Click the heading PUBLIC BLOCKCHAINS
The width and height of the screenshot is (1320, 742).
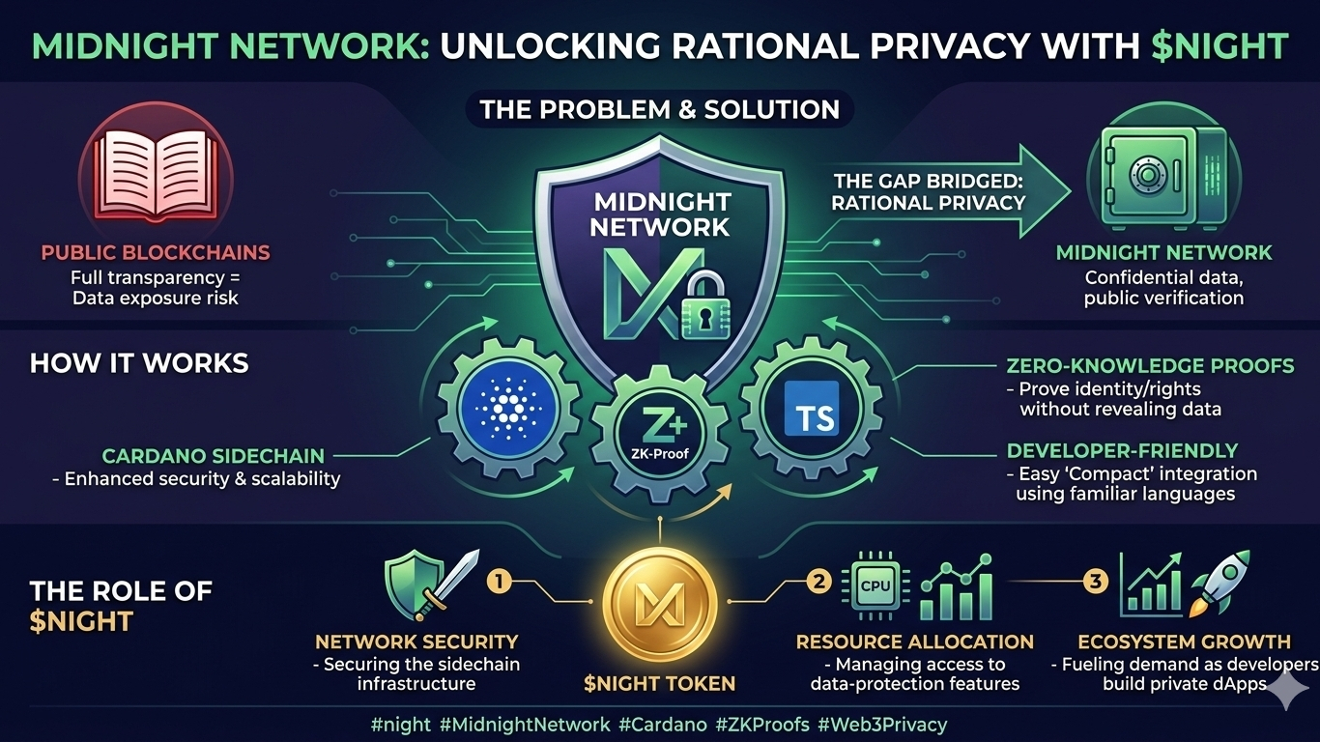pos(156,253)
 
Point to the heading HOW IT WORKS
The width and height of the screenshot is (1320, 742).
pos(139,363)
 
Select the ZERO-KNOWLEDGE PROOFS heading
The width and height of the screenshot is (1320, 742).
pos(1151,366)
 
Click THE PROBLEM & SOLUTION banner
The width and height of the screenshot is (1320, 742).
pos(659,108)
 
